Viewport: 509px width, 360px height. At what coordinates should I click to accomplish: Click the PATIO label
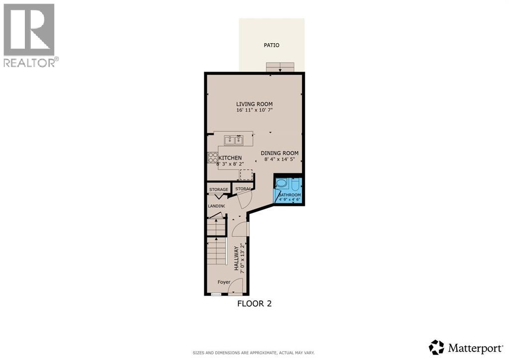click(x=271, y=45)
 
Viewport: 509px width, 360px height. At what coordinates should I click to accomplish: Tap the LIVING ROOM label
click(x=254, y=104)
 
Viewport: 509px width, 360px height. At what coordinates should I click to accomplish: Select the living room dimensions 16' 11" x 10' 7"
click(x=254, y=110)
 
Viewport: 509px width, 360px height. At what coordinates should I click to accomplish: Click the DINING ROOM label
click(x=279, y=153)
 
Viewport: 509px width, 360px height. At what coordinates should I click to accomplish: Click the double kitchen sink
click(x=234, y=140)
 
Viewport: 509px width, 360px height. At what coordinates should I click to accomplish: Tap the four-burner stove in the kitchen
click(x=212, y=158)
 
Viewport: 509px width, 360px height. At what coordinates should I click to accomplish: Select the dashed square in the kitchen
click(x=246, y=175)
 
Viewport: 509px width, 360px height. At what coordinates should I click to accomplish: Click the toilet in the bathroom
click(x=295, y=185)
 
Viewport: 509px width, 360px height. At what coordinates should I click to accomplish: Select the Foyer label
click(x=224, y=282)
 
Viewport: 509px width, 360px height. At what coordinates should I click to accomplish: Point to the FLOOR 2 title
click(x=254, y=303)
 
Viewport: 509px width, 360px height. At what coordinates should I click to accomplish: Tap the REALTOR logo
click(x=30, y=35)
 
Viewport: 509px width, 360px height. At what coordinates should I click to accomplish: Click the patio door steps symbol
click(x=280, y=67)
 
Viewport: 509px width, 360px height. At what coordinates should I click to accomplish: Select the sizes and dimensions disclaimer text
click(x=254, y=353)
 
